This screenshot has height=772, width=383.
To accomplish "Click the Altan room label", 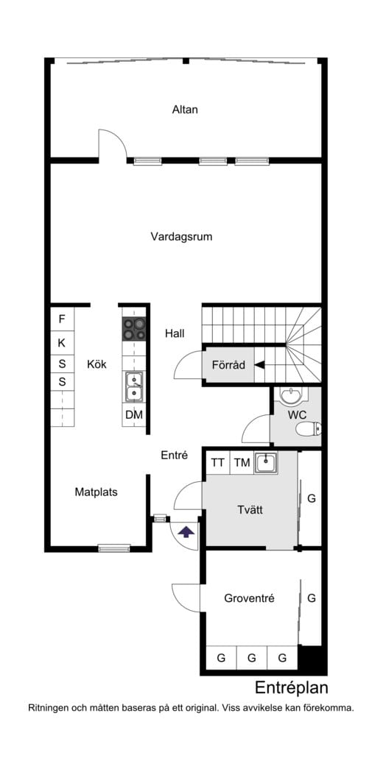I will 185,110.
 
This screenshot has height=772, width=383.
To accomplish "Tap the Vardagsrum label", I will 182,237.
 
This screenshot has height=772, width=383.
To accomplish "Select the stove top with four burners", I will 133,328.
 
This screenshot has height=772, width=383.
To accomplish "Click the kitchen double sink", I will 133,386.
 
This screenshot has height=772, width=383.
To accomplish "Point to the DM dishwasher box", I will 133,415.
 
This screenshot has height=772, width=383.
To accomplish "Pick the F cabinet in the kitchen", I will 62,319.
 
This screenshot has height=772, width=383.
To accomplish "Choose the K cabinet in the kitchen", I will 62,342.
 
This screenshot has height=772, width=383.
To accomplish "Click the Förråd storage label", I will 228,364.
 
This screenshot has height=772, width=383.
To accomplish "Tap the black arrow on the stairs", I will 260,364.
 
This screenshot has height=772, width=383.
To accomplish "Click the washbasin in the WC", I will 292,396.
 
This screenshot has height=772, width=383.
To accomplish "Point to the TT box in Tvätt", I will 217,463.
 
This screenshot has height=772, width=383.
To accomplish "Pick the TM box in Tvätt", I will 242,463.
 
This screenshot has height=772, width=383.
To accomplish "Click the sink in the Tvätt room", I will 266,463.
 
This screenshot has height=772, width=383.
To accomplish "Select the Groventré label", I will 249,598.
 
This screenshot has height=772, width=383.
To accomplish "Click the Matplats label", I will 96,492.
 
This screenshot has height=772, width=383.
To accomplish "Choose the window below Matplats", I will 114,548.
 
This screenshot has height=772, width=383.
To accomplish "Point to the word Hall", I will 175,333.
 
